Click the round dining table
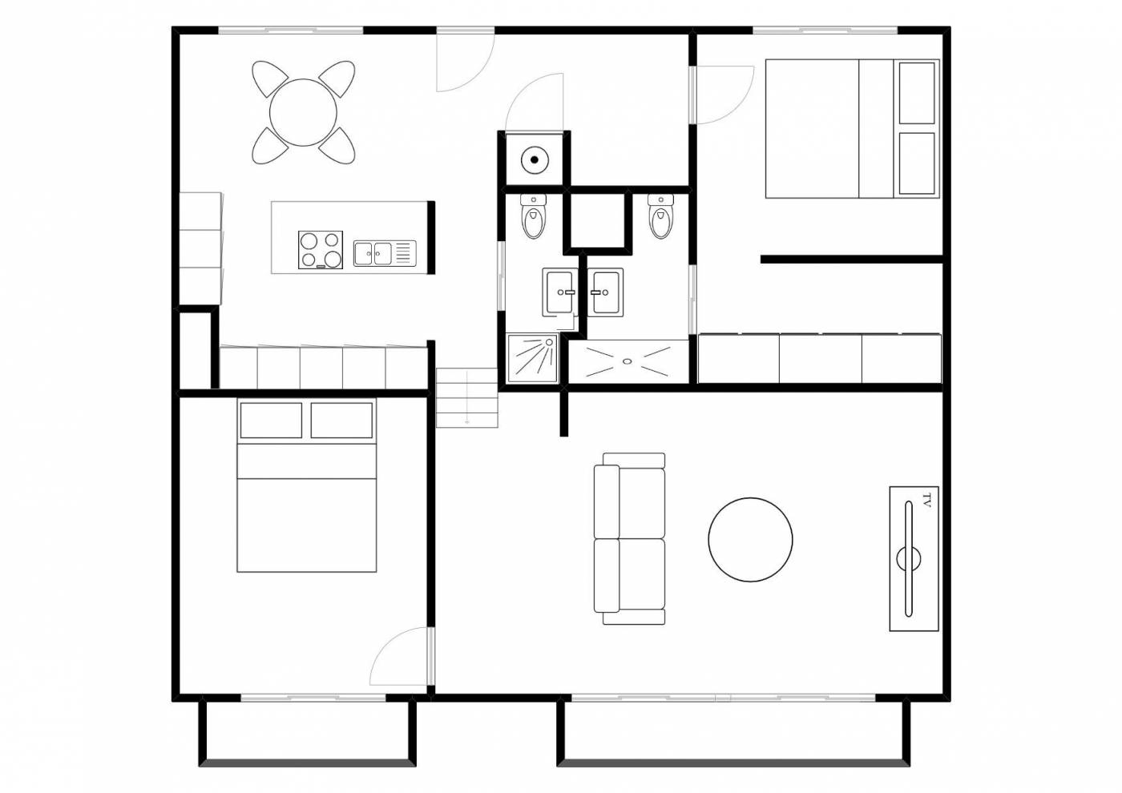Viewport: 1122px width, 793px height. tap(303, 113)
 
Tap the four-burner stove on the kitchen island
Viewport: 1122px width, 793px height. tap(321, 250)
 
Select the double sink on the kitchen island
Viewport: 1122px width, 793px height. tap(385, 253)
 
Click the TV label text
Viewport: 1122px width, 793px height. tap(926, 501)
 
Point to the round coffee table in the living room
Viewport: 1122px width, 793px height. tap(750, 540)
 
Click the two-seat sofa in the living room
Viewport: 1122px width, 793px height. tap(630, 538)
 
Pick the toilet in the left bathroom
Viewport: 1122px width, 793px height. tap(534, 216)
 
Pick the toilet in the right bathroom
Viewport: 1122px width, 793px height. tap(660, 216)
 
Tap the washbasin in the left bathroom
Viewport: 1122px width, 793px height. tap(559, 292)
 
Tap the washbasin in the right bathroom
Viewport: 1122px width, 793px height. tap(606, 292)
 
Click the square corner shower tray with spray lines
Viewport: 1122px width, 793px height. tap(532, 359)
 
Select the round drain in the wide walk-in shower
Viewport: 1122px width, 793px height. tap(627, 361)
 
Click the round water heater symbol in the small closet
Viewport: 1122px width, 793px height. tap(535, 159)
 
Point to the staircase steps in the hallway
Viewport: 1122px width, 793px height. tap(466, 398)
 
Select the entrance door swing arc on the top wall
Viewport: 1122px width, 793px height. tap(480, 75)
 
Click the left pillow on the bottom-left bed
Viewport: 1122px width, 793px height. tap(271, 421)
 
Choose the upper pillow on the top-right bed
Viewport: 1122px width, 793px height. tap(917, 93)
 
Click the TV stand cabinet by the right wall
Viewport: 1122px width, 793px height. tap(914, 559)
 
